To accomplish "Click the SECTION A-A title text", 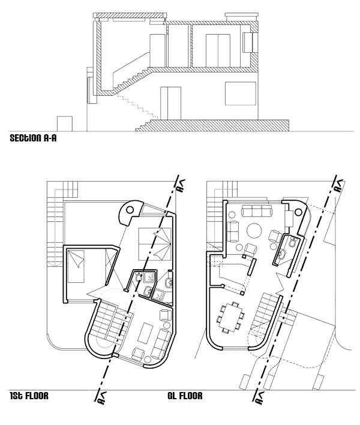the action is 33,138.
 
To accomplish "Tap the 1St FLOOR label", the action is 29,396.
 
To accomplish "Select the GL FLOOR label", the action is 185,396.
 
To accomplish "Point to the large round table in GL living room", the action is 254,230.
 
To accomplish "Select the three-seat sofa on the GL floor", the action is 257,211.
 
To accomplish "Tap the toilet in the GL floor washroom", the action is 292,242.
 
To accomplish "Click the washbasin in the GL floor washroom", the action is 282,255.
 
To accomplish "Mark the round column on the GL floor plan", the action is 298,212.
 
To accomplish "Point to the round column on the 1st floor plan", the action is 130,210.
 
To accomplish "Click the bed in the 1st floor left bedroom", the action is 76,266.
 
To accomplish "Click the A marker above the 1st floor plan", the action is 181,186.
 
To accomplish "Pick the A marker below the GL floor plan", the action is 260,397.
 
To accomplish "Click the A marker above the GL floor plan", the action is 339,186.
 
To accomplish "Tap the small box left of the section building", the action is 65,124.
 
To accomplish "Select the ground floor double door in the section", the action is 170,103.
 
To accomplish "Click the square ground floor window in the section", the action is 241,94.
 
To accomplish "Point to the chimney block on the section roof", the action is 241,16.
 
